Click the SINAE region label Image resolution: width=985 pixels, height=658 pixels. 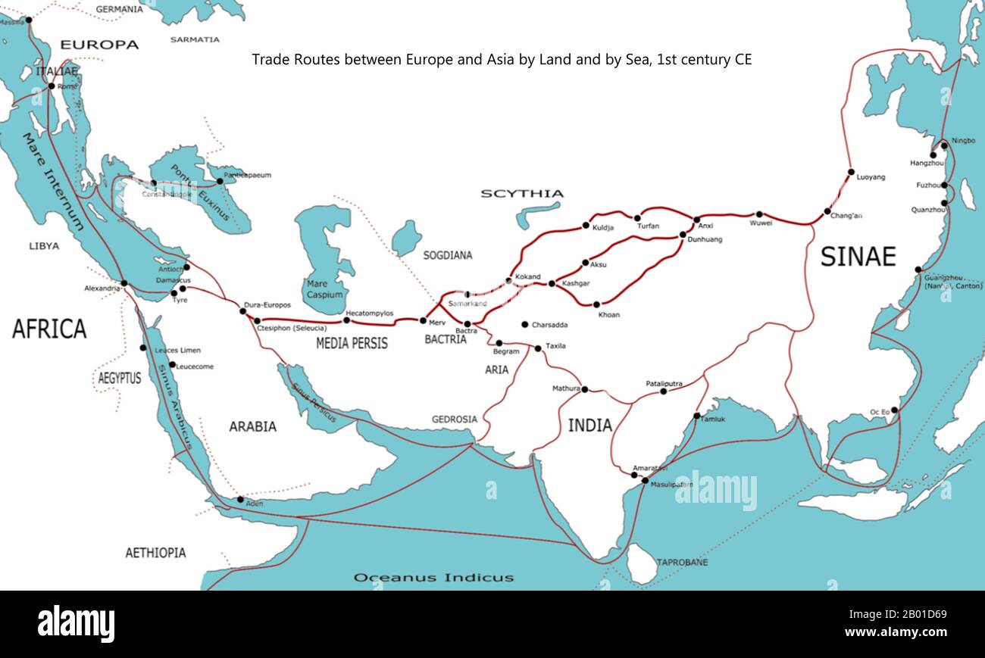coord(858,257)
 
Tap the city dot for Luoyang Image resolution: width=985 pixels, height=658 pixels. coord(850,172)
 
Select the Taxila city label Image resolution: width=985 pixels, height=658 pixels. coord(555,346)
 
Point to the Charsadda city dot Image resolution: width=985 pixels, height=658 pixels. coord(524,325)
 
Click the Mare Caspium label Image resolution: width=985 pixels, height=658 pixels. coord(326,289)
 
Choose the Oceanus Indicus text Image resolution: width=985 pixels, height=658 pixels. coord(433,578)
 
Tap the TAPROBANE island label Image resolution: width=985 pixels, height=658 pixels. coord(682,563)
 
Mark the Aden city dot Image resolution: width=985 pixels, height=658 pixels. coord(240,499)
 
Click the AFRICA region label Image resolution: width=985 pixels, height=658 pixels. coord(49,329)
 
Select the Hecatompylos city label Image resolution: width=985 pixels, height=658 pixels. coord(369,312)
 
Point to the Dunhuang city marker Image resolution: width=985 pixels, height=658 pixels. coord(682,235)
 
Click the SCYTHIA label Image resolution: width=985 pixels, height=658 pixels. coord(522,194)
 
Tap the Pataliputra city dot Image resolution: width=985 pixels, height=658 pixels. coord(664,391)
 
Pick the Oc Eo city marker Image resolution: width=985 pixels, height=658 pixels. coord(894,410)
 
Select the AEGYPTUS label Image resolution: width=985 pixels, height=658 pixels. coord(119,378)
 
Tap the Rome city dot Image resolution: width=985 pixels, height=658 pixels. coord(51,86)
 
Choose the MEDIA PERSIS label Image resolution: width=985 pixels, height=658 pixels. coord(352,343)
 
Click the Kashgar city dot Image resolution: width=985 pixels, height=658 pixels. coord(552,284)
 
